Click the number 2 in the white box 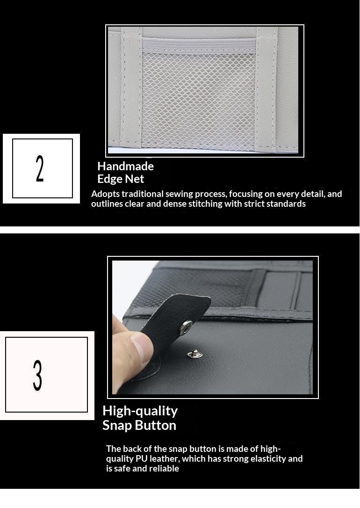coord(40,168)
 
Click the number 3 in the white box coord(38,375)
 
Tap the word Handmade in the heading coord(125,166)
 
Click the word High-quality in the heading coord(140,411)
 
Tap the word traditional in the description coord(143,194)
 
